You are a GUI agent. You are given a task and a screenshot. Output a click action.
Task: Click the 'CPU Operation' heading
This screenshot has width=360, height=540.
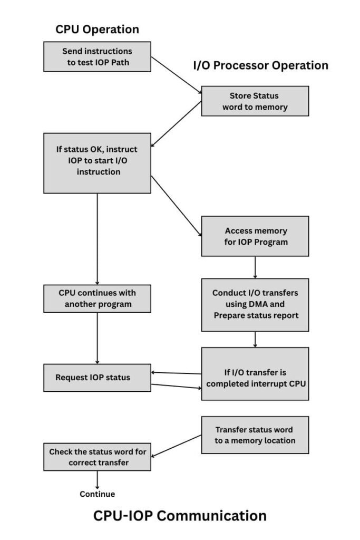(97, 30)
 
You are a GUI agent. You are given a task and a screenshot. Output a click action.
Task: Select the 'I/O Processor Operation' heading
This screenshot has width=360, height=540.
(261, 65)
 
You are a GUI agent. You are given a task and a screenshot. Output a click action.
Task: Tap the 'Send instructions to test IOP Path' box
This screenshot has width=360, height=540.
(97, 56)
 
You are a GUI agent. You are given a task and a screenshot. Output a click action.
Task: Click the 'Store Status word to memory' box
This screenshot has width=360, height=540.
(255, 101)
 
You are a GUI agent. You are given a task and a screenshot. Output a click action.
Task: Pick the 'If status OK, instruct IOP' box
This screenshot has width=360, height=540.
(97, 162)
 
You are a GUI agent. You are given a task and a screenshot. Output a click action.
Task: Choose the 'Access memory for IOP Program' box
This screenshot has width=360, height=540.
(255, 236)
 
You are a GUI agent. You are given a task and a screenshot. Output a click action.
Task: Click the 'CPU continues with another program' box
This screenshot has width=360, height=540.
(97, 298)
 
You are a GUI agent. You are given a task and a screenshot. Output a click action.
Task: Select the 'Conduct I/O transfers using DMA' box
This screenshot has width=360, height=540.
(255, 304)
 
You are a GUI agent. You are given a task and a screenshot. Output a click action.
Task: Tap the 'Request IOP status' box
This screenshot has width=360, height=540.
(97, 378)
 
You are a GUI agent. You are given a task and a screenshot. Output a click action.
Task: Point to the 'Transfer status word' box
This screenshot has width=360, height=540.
(255, 435)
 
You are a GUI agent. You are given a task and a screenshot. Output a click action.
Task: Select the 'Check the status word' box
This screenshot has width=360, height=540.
(97, 457)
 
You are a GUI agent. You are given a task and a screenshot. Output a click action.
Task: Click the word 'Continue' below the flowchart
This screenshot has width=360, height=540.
(97, 494)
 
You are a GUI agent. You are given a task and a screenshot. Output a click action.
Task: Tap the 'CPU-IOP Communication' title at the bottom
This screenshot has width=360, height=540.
(180, 515)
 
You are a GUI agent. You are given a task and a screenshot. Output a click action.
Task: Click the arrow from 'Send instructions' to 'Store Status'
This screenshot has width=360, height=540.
(176, 82)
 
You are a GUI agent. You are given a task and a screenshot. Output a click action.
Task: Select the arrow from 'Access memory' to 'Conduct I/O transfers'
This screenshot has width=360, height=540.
(255, 267)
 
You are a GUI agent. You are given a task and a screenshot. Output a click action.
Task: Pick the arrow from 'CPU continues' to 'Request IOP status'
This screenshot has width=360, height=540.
(97, 337)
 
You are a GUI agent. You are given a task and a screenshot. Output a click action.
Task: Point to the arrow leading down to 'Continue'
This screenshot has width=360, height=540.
(97, 479)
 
